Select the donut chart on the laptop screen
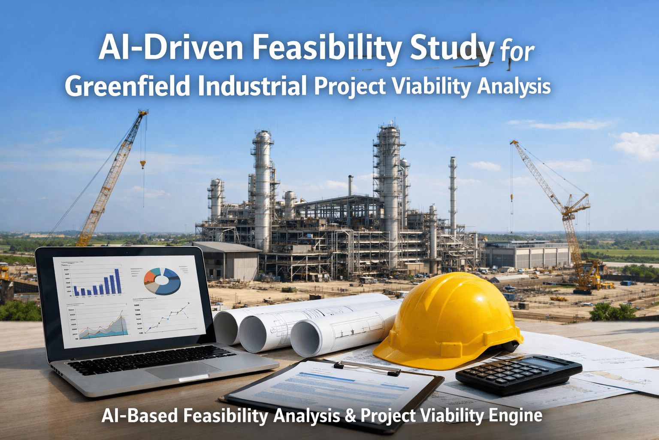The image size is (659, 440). coord(162,281)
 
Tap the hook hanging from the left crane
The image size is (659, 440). coord(143,163)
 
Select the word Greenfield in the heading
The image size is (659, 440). coord(127,86)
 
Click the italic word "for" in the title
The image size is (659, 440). coord(517,52)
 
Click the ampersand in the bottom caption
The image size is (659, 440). coord(350,416)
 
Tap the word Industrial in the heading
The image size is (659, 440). coord(252,86)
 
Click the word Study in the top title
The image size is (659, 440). coord(452,49)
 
